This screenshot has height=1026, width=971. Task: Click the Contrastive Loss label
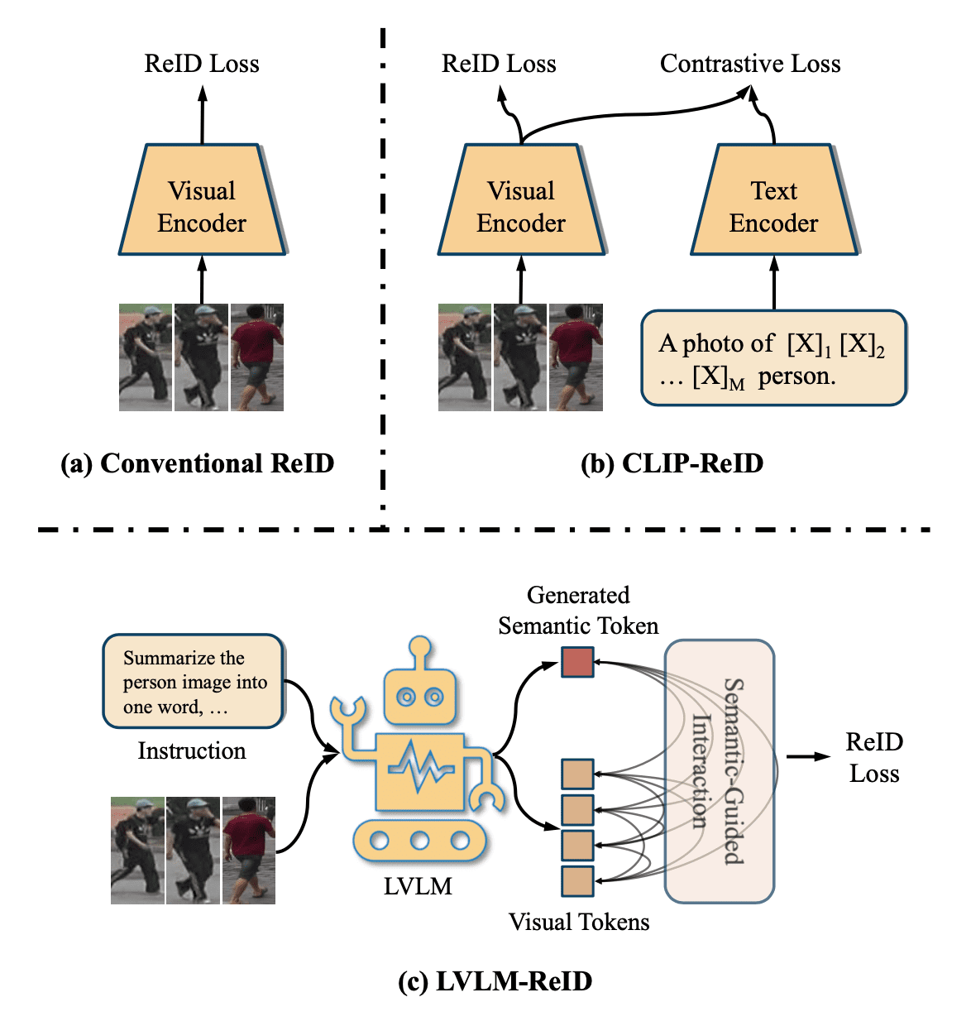[x=749, y=64]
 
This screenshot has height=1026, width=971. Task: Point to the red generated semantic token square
[x=577, y=662]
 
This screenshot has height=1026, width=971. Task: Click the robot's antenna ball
[x=421, y=647]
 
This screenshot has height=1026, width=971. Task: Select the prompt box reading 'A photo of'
[x=773, y=358]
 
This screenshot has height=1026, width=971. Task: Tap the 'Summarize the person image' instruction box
[x=194, y=682]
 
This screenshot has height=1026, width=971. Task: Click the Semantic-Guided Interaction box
[x=719, y=770]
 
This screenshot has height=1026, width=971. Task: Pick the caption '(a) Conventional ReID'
[x=198, y=463]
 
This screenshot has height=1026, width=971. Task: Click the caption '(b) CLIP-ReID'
[x=672, y=463]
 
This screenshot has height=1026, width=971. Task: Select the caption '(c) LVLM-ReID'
[x=495, y=981]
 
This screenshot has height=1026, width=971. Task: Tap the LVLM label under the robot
[x=418, y=886]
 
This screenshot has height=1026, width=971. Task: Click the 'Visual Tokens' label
[x=579, y=922]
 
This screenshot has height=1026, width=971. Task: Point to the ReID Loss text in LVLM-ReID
[x=873, y=758]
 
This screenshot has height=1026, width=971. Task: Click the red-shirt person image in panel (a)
[x=257, y=357]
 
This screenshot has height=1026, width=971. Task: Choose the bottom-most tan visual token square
[x=577, y=881]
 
